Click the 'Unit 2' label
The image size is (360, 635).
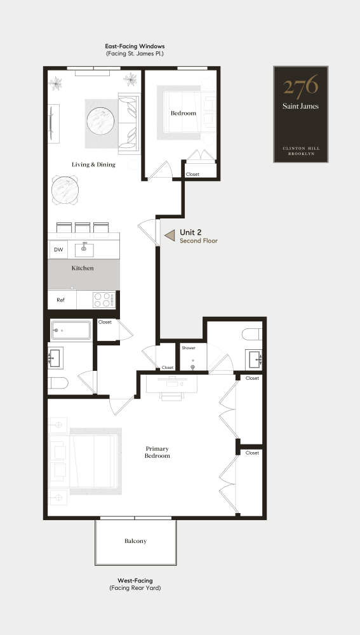click(x=191, y=232)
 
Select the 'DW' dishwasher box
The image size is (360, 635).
click(x=58, y=250)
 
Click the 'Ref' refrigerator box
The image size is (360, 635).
click(x=61, y=300)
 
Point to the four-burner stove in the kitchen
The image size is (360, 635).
click(x=103, y=300)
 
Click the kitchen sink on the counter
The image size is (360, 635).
click(x=84, y=248)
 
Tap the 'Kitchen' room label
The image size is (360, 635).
click(x=83, y=268)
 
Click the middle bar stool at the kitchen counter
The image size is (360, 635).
click(x=83, y=227)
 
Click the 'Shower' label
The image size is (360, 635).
click(x=189, y=348)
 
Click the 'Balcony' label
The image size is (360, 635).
click(x=135, y=541)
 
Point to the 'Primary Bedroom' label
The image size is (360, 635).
click(x=157, y=452)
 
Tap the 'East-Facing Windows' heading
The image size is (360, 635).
click(x=135, y=46)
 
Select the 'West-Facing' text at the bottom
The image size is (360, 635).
click(x=135, y=580)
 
